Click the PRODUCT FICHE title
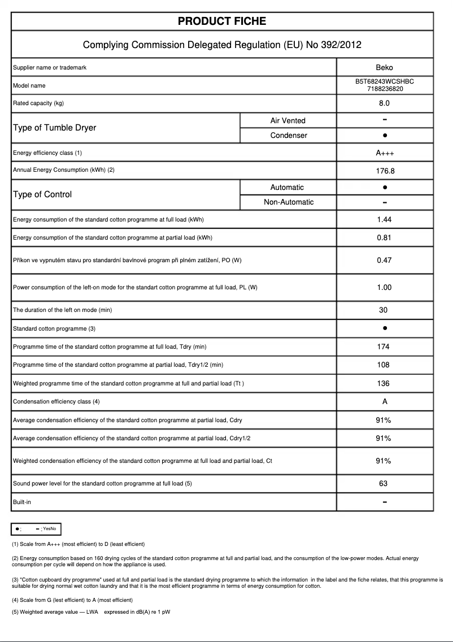[x=222, y=21]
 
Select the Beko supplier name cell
[x=384, y=68]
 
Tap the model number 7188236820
[x=385, y=89]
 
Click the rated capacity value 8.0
[x=384, y=103]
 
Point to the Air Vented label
[x=288, y=120]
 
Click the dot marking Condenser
[x=385, y=136]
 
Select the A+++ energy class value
[x=384, y=153]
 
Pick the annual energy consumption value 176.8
[x=384, y=170]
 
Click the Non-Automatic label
[x=288, y=202]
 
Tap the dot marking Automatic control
[x=385, y=187]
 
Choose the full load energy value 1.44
[x=384, y=220]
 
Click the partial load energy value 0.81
[x=384, y=238]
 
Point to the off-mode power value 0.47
[x=384, y=261]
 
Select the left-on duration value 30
[x=384, y=310]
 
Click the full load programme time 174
[x=384, y=347]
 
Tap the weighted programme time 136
[x=384, y=384]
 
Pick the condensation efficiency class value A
[x=384, y=402]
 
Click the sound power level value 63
[x=384, y=484]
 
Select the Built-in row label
[x=22, y=502]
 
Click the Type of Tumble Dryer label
[x=54, y=128]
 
